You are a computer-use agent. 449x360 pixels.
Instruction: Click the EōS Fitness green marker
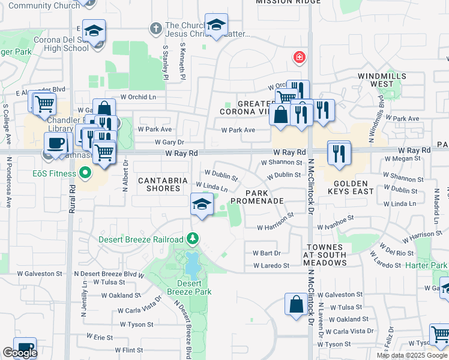[85, 175]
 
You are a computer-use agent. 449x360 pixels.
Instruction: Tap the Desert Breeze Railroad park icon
[192, 239]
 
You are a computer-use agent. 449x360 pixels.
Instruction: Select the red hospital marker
[298, 58]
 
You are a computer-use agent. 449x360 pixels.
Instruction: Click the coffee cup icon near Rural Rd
[56, 144]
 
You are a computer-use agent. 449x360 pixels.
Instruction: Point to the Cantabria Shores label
[159, 184]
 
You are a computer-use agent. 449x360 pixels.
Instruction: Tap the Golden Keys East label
[351, 187]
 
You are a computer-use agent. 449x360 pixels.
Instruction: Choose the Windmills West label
[382, 80]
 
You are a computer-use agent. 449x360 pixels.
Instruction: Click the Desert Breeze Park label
[194, 287]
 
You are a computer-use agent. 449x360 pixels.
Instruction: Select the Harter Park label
[426, 265]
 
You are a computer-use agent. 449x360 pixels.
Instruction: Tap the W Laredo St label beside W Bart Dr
[271, 265]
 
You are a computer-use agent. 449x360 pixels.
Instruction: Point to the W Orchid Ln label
[137, 97]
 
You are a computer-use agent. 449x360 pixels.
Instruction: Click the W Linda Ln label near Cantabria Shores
[212, 187]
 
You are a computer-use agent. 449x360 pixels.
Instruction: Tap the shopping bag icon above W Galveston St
[296, 304]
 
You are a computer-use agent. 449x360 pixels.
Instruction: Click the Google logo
[20, 353]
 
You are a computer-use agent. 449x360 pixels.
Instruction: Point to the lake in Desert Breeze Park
[193, 262]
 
